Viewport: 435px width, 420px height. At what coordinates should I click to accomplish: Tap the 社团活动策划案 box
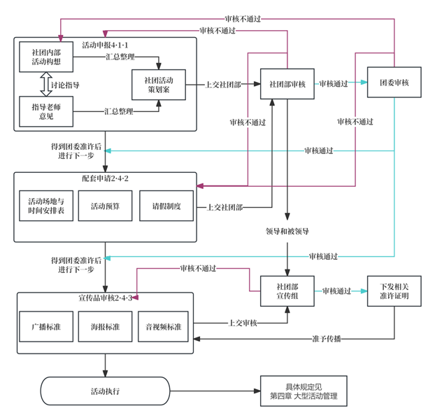tap(158, 85)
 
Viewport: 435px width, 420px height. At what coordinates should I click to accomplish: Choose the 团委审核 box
tap(394, 83)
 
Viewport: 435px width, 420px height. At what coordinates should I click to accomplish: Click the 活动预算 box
tap(106, 206)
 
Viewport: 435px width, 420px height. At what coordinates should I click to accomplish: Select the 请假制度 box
tap(166, 206)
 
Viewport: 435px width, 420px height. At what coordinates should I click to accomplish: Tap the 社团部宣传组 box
tap(287, 290)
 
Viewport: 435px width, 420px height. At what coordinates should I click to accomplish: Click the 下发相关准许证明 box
tap(394, 290)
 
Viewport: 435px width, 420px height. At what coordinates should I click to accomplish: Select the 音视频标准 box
tap(164, 327)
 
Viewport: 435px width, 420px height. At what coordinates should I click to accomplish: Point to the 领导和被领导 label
tap(287, 230)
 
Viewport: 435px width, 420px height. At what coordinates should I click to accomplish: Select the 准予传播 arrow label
tap(327, 339)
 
